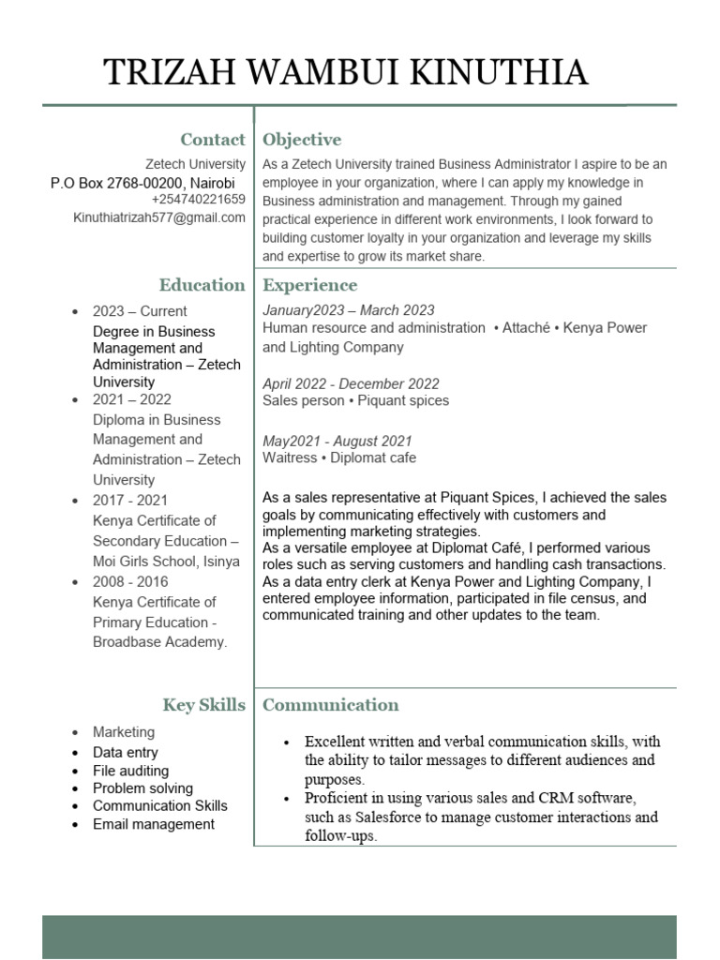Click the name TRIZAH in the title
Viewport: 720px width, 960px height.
[x=164, y=72]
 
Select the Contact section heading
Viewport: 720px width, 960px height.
[x=213, y=140]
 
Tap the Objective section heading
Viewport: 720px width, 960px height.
[x=302, y=140]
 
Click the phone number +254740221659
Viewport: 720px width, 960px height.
[x=198, y=200]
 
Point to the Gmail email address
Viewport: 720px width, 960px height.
[x=159, y=217]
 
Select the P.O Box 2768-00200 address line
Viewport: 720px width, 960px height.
[x=142, y=183]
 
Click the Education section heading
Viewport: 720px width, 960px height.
[x=202, y=285]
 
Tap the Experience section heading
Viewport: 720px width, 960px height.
[x=309, y=285]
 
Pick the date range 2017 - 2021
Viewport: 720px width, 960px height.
[x=130, y=501]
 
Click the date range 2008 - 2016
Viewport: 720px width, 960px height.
[x=130, y=582]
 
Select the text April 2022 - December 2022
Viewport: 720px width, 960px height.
[x=351, y=384]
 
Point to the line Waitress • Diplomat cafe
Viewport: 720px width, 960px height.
[x=339, y=458]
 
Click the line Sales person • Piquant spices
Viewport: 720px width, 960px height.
[x=355, y=401]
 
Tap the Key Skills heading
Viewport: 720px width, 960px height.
[x=203, y=705]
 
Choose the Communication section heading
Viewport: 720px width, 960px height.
[x=331, y=705]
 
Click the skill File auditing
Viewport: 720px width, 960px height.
[x=130, y=771]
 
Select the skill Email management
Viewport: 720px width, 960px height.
[x=154, y=825]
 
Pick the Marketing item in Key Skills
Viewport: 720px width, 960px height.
[x=124, y=732]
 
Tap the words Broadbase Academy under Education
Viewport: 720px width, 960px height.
[x=159, y=642]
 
